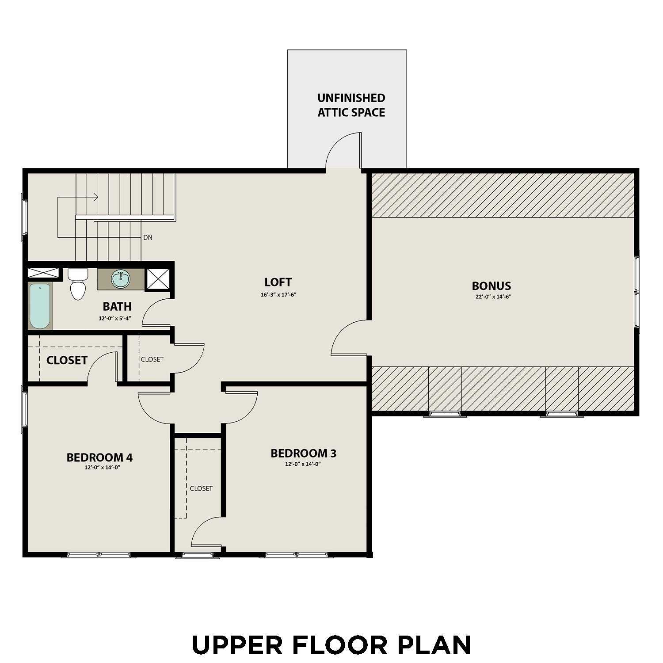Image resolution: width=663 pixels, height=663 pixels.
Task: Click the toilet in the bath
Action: point(78,285)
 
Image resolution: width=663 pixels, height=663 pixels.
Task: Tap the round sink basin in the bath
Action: point(120,279)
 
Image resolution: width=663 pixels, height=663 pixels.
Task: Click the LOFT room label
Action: point(278,282)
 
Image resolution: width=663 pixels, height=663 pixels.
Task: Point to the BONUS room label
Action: point(492,286)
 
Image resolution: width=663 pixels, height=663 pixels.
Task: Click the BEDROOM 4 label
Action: point(99,457)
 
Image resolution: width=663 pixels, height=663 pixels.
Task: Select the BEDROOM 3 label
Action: point(303,453)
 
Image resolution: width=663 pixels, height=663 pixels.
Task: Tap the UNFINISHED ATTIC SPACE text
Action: point(351,105)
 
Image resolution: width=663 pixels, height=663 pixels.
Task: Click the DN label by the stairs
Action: point(148,238)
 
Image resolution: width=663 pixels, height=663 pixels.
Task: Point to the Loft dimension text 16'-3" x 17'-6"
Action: point(278,295)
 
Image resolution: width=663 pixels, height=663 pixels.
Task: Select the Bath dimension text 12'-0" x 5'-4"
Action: point(115,318)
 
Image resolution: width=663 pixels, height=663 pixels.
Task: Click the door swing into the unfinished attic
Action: point(345,150)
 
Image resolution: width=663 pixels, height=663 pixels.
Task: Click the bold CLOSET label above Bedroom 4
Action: point(67,360)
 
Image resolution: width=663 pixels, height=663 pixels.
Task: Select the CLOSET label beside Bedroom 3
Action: point(201,488)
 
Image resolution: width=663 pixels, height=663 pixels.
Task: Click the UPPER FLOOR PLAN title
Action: point(331,645)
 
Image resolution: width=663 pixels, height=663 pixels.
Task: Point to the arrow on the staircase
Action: point(94,198)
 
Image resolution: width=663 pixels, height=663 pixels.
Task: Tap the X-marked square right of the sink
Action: point(158,279)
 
